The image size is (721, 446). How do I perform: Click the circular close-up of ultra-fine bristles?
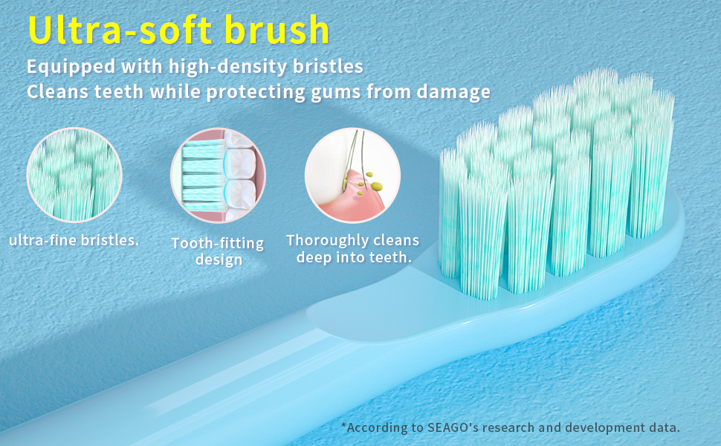(x=74, y=175)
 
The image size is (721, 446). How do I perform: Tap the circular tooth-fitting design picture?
(x=218, y=175)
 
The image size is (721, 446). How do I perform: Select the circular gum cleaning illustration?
(x=352, y=175)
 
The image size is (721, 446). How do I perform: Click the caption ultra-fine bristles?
(x=74, y=241)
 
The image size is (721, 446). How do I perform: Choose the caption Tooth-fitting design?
(x=218, y=251)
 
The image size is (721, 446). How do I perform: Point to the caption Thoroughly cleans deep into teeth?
(x=352, y=249)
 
